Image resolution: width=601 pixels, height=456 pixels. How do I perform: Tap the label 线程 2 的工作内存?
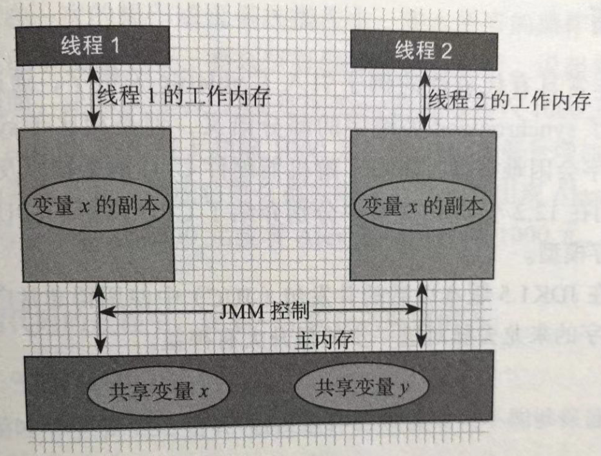tap(510, 102)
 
